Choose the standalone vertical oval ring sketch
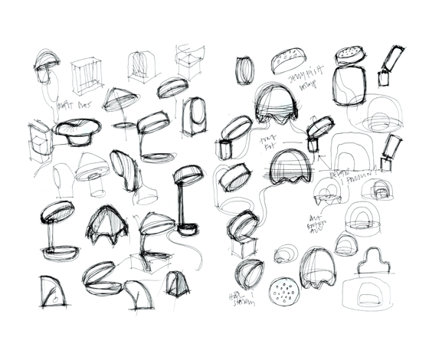click(244, 71)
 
